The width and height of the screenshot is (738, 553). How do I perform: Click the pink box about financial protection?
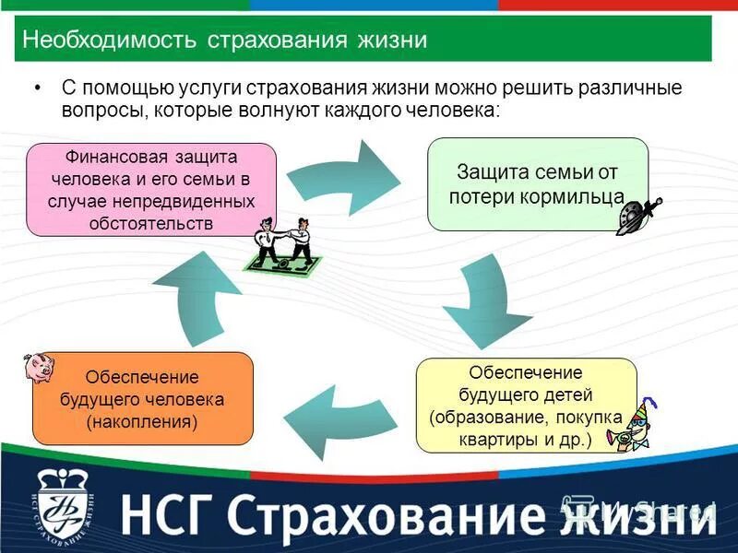tap(152, 189)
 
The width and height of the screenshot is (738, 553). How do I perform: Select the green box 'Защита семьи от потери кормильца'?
tap(537, 183)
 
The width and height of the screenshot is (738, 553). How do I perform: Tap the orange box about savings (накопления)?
tap(142, 398)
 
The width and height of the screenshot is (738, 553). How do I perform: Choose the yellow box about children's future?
tap(526, 406)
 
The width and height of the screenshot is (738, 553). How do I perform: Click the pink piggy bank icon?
tap(39, 369)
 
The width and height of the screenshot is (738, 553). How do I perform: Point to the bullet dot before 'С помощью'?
tap(38, 88)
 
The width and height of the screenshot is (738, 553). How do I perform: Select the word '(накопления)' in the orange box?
tap(142, 422)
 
